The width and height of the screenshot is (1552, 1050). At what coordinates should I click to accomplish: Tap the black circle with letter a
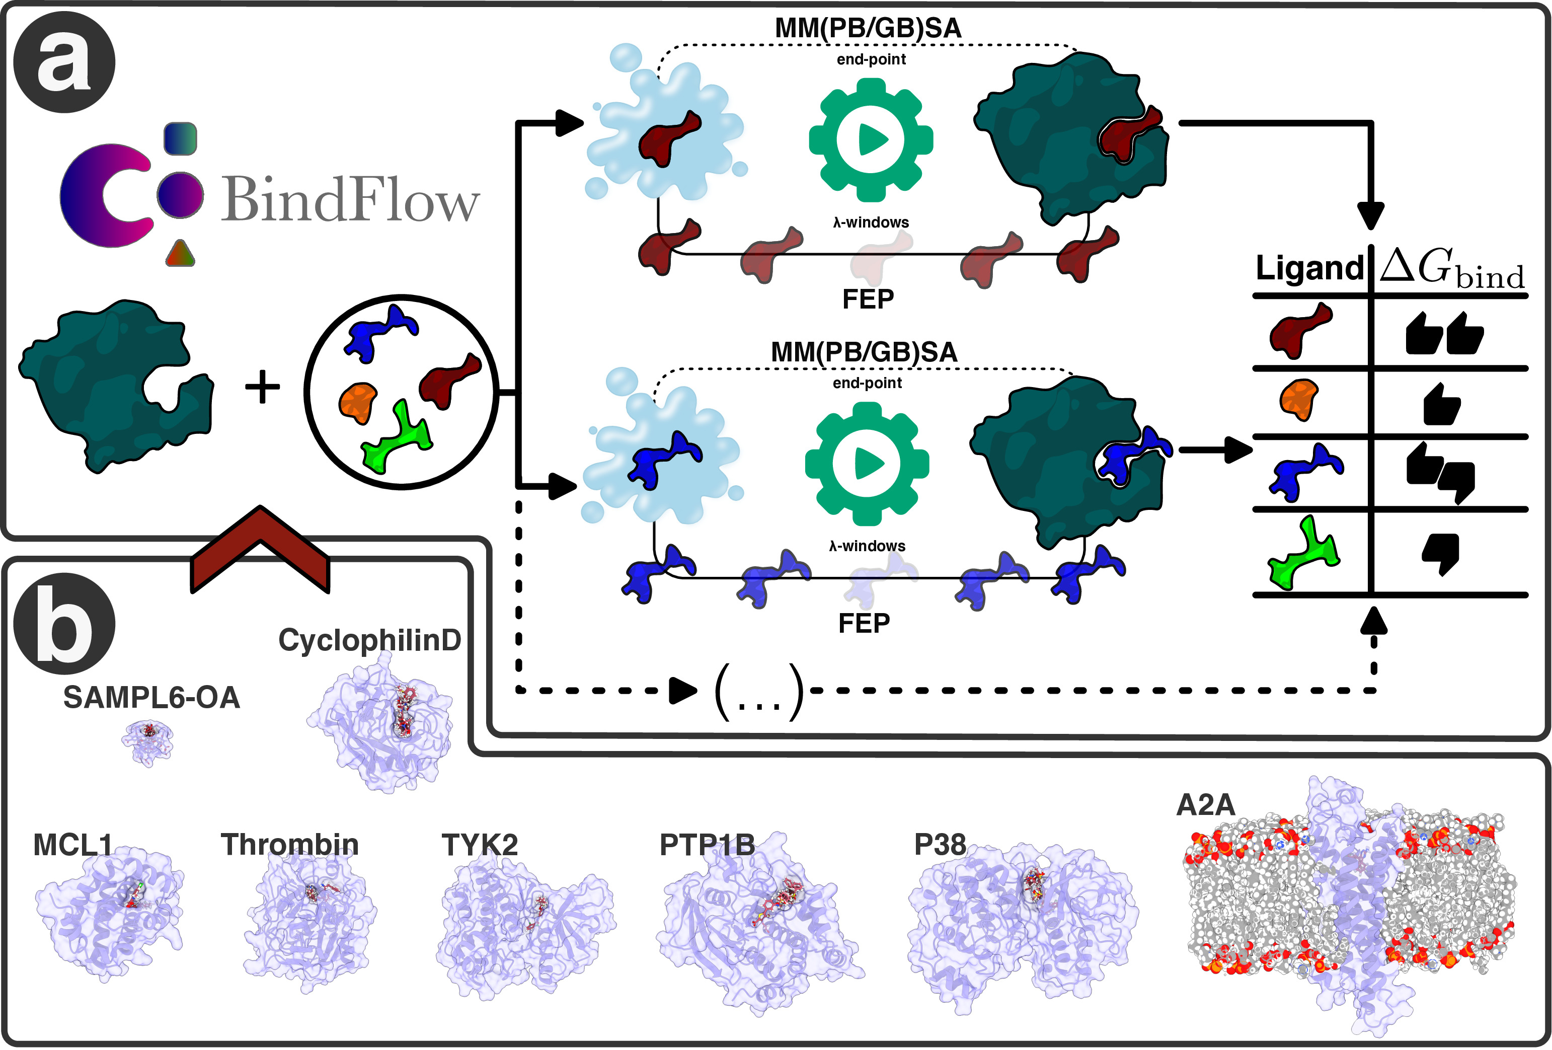[x=64, y=62]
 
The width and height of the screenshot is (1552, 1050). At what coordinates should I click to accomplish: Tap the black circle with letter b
[x=64, y=623]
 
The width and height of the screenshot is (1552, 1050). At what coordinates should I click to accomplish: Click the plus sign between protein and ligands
[x=263, y=388]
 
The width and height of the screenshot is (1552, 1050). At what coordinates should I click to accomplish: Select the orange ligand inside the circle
[x=359, y=402]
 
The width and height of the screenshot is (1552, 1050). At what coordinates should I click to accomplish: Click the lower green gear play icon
[x=866, y=464]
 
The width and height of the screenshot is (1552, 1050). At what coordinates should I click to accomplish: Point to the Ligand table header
[x=1308, y=268]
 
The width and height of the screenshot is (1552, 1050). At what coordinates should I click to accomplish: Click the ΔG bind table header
[x=1452, y=268]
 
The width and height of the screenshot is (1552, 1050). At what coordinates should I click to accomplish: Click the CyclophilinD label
[x=369, y=640]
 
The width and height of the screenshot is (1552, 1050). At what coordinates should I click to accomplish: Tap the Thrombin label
[x=290, y=844]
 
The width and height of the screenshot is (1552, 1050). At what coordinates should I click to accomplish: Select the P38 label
[x=940, y=844]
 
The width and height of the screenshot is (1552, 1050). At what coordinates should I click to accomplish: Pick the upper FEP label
[x=868, y=298]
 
